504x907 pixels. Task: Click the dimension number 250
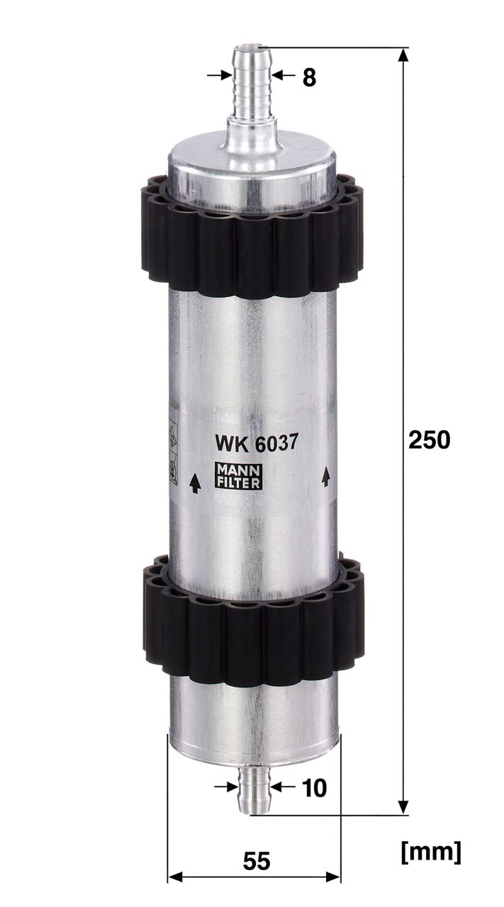click(429, 440)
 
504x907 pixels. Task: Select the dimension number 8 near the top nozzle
click(309, 77)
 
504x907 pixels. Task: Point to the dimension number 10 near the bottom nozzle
click(314, 789)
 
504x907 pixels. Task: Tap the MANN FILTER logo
click(238, 475)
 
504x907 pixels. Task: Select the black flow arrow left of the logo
click(195, 483)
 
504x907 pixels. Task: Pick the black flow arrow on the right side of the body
click(325, 476)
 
